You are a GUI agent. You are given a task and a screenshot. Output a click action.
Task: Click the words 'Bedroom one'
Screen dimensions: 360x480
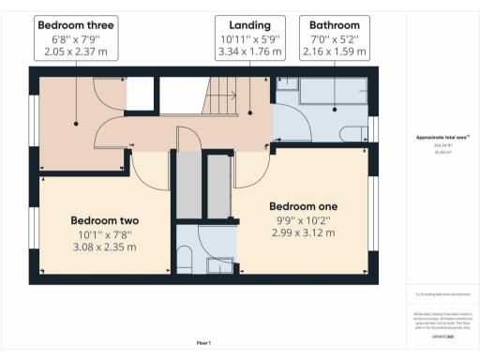pos(303,206)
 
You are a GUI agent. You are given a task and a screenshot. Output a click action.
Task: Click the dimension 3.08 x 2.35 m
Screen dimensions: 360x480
pos(104,247)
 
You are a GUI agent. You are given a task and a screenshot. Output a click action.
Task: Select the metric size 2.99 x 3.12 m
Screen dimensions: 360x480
pos(303,232)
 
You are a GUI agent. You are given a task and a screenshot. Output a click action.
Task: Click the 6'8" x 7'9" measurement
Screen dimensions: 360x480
pos(71,39)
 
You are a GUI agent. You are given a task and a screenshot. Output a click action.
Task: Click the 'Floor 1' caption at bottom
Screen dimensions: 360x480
pos(203,344)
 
